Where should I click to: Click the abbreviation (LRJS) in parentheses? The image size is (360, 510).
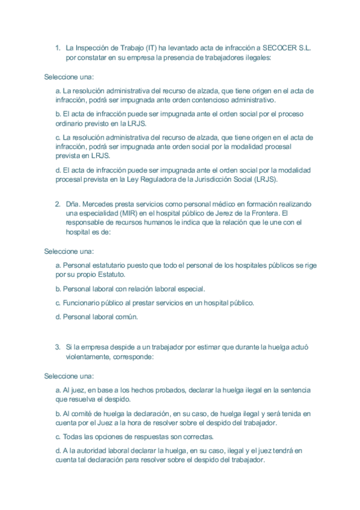267,179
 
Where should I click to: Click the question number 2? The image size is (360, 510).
58,203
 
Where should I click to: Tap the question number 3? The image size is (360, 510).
58,346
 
